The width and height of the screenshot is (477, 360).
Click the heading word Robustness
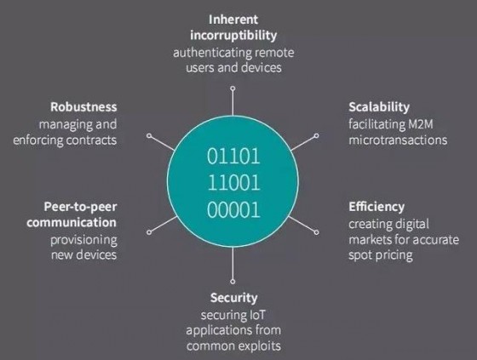click(83, 107)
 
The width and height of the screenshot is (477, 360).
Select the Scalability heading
click(379, 107)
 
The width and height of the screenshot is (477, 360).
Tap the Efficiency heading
click(376, 207)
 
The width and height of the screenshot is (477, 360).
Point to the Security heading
click(233, 298)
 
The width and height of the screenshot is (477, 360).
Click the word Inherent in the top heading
click(233, 20)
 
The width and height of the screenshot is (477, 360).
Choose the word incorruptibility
click(233, 35)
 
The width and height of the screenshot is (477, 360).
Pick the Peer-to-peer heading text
click(80, 207)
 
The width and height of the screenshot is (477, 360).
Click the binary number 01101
click(233, 157)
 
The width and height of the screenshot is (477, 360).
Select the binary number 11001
click(234, 183)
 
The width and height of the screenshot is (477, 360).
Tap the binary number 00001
click(233, 210)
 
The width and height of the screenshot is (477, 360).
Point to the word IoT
click(257, 315)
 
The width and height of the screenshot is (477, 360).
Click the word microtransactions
click(398, 140)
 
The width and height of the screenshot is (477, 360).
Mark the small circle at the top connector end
click(233, 89)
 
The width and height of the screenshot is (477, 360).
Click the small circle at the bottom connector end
click(233, 282)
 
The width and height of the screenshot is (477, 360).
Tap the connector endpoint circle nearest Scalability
click(316, 135)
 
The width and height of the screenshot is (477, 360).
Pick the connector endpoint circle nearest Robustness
click(149, 135)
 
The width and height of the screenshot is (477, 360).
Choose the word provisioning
click(83, 241)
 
